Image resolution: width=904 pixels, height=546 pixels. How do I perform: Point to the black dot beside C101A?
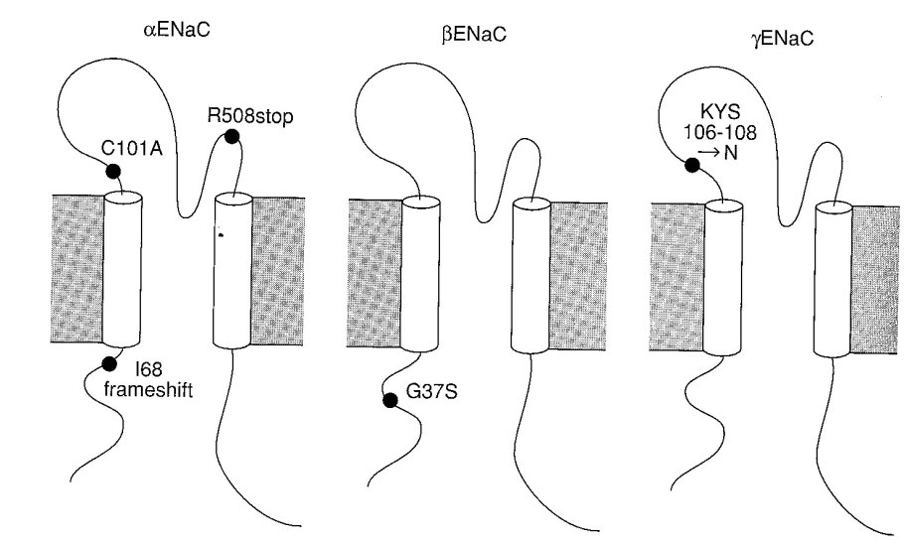pos(112,172)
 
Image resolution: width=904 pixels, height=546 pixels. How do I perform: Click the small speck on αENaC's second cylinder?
pos(222,235)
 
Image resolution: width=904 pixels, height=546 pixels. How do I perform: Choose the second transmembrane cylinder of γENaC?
pos(831,278)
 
